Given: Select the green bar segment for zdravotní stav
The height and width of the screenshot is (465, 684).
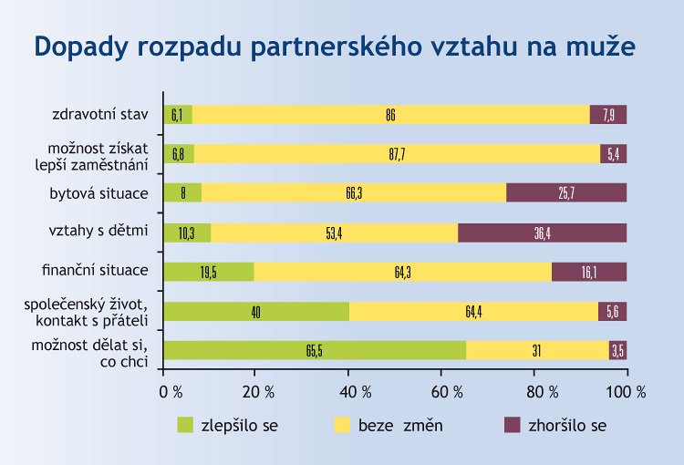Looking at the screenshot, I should [178, 115].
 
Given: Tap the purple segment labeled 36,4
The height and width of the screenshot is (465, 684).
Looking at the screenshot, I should [542, 232].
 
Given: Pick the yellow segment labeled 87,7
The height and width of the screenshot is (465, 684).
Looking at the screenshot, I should [397, 154].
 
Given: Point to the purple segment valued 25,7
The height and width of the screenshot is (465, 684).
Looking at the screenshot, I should [566, 193].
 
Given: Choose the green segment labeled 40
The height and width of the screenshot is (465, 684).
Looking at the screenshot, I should [256, 312].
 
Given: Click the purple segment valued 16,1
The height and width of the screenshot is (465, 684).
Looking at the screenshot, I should [588, 272].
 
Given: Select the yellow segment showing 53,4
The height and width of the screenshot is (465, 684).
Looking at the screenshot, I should [334, 232].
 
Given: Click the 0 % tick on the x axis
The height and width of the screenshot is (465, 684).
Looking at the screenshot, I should [171, 392].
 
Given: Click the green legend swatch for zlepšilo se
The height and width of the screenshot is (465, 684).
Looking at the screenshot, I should [186, 425].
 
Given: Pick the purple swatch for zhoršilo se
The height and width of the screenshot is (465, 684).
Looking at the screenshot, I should [513, 425].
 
